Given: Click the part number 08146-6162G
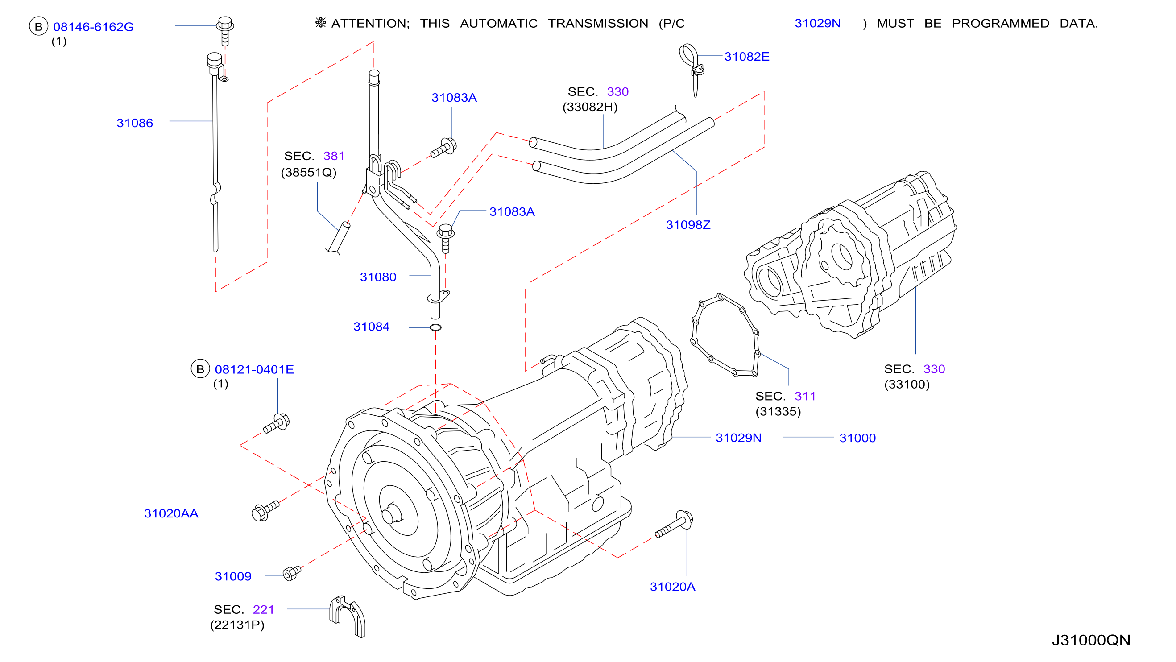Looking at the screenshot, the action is click(x=94, y=27).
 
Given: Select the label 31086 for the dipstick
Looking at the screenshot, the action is click(x=135, y=123).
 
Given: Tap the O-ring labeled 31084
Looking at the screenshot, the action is click(x=435, y=327).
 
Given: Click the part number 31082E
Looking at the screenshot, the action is click(x=747, y=57).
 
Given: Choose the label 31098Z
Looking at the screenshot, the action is click(x=688, y=225).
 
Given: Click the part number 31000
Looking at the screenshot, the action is click(x=858, y=438).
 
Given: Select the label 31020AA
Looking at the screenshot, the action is click(x=171, y=513).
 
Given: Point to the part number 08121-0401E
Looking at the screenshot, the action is click(x=254, y=369).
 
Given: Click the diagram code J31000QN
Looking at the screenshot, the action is click(x=1091, y=640).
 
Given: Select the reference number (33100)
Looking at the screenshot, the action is click(x=907, y=385).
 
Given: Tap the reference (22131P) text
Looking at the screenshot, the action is click(x=237, y=625).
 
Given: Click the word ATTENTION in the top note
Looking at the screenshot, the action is click(x=370, y=23).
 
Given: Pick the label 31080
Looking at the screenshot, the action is click(x=378, y=277).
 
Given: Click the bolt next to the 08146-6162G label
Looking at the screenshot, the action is click(x=225, y=31).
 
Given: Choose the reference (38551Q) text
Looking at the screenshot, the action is click(x=309, y=173).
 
